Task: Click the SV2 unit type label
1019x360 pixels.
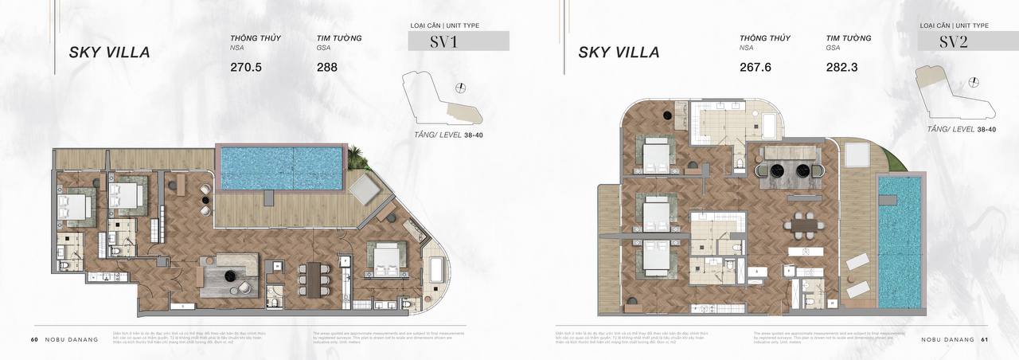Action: [x=954, y=41]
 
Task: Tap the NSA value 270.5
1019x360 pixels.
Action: [x=246, y=68]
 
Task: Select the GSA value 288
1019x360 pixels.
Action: [x=326, y=68]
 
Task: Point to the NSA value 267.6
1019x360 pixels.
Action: [x=755, y=68]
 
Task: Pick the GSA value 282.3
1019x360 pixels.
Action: [x=842, y=68]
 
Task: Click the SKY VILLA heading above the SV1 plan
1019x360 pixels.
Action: [x=110, y=53]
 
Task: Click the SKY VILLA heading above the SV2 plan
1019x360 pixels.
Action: [x=619, y=53]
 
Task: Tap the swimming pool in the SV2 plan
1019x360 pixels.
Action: [x=900, y=241]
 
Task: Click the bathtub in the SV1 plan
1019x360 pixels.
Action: [x=436, y=271]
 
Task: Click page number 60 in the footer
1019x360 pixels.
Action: [x=34, y=339]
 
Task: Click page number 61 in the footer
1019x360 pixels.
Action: [x=984, y=339]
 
